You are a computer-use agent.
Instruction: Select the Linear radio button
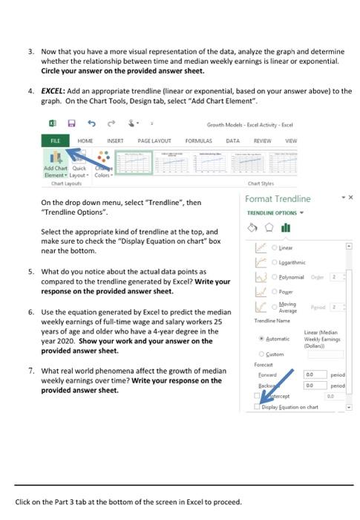click(275, 247)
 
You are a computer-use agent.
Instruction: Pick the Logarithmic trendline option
click(275, 261)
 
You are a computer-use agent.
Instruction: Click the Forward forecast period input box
click(313, 376)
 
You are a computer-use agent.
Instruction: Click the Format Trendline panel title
click(277, 199)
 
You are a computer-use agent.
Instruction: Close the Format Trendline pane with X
click(351, 198)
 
